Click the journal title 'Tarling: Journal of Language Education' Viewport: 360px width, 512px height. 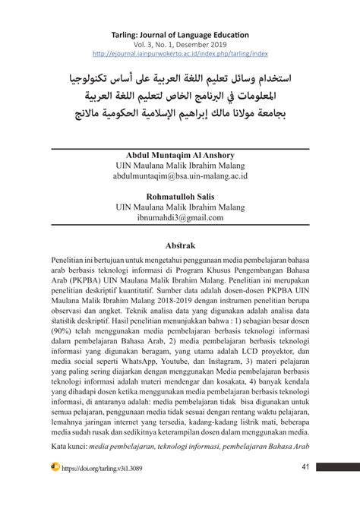(x=180, y=35)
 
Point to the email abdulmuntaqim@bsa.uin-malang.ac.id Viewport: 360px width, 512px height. (x=180, y=175)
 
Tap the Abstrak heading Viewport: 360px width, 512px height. (x=180, y=245)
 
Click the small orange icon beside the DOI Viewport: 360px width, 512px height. (x=55, y=466)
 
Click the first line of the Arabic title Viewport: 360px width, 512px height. (x=180, y=79)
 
